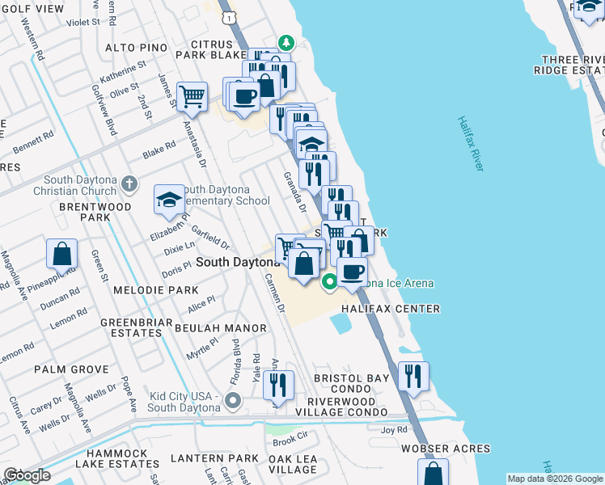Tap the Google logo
point(27,475)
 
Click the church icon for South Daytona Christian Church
point(129,184)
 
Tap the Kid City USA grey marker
point(234,400)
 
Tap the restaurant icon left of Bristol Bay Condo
point(278,386)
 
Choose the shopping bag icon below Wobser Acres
point(433,473)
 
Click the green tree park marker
point(285,42)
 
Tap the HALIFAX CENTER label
point(390,309)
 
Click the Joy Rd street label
point(394,431)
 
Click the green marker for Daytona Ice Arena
point(329,282)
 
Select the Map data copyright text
point(554,479)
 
